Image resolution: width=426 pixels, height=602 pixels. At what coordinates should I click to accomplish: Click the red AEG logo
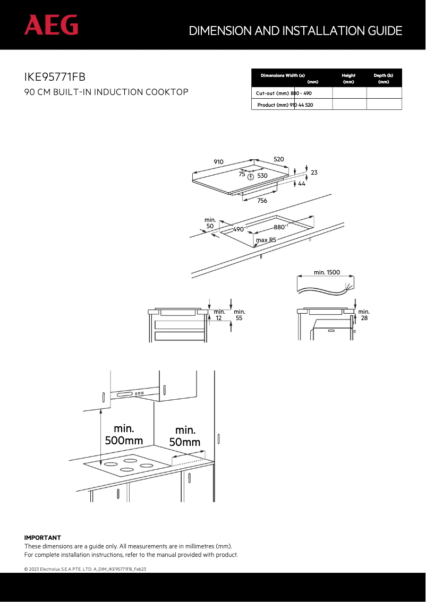tap(52, 25)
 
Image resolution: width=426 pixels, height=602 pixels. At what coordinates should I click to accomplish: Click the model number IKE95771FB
tap(55, 78)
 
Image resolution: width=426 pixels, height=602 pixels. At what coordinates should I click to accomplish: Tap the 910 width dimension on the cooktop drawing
tap(218, 162)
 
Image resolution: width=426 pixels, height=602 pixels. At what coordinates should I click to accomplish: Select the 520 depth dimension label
tap(279, 159)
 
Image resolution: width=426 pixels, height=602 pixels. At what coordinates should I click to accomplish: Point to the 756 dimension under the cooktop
tap(262, 201)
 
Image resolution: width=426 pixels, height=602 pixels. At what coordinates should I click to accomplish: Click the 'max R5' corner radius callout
tap(266, 240)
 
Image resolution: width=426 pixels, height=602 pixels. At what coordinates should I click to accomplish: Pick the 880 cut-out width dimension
tap(280, 227)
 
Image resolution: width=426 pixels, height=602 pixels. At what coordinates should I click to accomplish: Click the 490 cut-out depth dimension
tap(240, 229)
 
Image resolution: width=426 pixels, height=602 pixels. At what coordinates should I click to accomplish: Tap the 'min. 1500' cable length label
tap(327, 272)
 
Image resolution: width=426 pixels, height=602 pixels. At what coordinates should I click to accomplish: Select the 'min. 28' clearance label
tap(364, 315)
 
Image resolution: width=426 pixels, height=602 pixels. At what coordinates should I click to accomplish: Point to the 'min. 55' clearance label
tap(239, 315)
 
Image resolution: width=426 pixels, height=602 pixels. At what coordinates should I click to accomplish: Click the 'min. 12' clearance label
tap(219, 315)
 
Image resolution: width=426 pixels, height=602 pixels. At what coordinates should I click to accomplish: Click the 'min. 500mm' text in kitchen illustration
tap(124, 434)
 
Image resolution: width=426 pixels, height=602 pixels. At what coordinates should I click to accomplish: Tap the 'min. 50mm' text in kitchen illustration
tap(185, 436)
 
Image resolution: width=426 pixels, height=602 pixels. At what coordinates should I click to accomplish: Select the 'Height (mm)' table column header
tap(348, 79)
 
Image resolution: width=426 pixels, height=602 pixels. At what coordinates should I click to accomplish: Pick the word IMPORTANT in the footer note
tap(42, 538)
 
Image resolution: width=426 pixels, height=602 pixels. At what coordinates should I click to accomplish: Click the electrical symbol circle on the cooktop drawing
tap(251, 176)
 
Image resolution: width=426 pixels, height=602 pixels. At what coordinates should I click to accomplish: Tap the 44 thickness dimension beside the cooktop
tap(301, 184)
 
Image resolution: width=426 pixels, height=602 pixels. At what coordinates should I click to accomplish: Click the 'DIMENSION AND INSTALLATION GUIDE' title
tap(295, 31)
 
